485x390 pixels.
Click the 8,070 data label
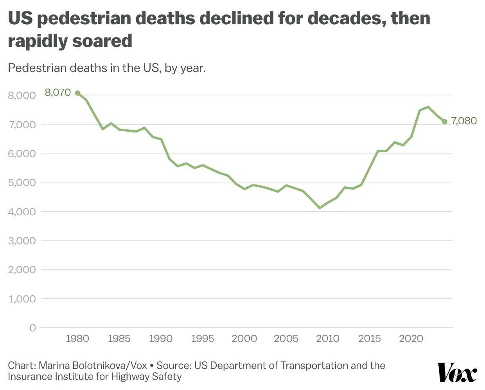click(x=57, y=93)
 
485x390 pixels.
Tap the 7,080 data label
click(x=464, y=121)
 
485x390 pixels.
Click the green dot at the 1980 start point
click(x=77, y=93)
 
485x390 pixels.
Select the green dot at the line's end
click(x=445, y=122)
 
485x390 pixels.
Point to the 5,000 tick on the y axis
click(x=22, y=182)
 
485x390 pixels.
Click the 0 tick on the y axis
click(x=33, y=328)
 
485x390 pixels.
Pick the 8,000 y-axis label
click(x=22, y=95)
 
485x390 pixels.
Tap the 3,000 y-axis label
click(x=22, y=241)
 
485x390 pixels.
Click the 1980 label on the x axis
click(x=77, y=338)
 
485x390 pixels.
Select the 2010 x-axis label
click(x=328, y=338)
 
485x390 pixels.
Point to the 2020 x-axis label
click(x=411, y=338)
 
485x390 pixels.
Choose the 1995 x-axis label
click(x=203, y=338)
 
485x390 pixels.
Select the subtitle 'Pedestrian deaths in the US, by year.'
click(x=107, y=68)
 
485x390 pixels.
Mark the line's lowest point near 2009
click(x=320, y=208)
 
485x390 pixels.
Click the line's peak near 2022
click(x=428, y=107)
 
